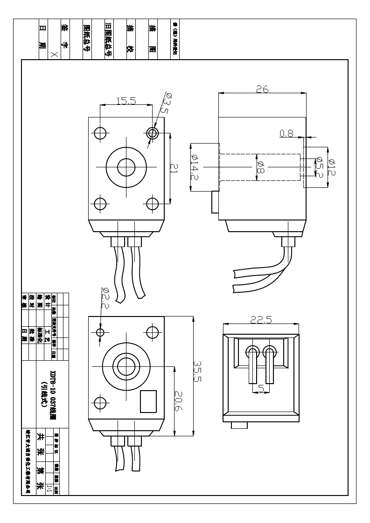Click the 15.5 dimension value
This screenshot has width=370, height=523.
126,101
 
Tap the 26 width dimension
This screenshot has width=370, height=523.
262,89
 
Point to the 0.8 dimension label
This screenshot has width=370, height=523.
286,134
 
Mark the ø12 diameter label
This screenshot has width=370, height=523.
332,166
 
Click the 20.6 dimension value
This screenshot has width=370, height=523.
179,398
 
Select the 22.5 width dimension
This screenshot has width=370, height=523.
261,320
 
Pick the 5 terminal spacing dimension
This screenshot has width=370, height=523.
261,388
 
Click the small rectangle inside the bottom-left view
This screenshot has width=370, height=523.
148,401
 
